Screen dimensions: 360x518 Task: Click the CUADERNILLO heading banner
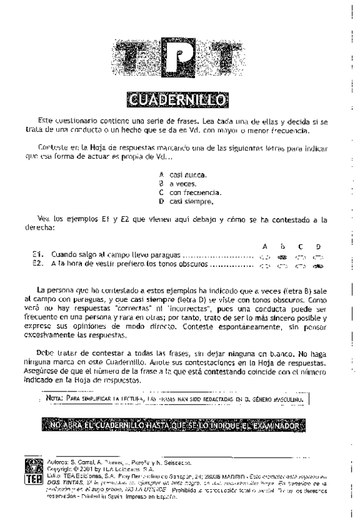point(180,98)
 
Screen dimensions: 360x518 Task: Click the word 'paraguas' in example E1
point(166,257)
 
